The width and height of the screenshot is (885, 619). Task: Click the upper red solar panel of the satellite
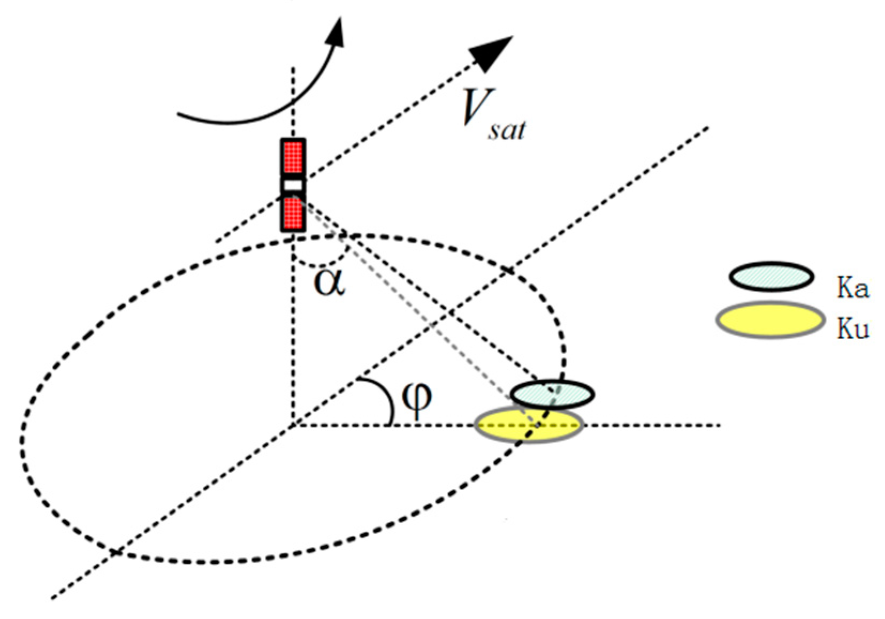pos(293,157)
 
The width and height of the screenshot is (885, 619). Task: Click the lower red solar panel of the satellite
pos(293,213)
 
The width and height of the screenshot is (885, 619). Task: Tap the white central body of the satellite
pos(293,185)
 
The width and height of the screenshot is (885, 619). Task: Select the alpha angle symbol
pos(330,282)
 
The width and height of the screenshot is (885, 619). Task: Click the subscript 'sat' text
pos(506,130)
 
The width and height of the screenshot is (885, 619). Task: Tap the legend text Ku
pos(853,328)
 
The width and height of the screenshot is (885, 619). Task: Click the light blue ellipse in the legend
pos(771,277)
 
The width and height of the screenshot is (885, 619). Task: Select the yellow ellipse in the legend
pos(770,320)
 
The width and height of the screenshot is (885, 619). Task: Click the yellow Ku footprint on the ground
pos(503,428)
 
